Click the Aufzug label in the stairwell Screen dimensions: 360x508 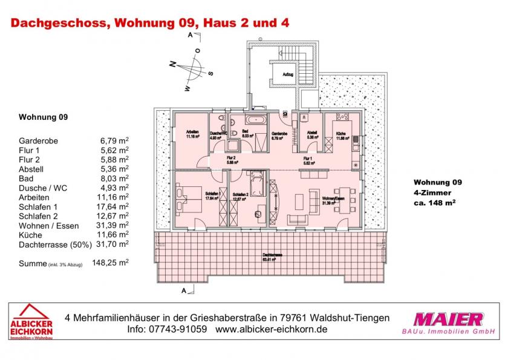(287, 75)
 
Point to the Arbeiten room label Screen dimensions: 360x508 (192, 134)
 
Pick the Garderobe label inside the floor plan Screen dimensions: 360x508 (279, 135)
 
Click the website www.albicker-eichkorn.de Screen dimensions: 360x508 (271, 330)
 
